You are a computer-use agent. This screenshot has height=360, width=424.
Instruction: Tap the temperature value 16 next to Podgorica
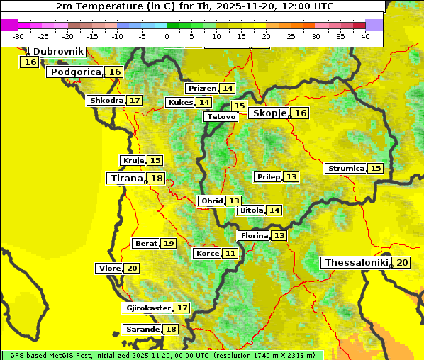point(115,72)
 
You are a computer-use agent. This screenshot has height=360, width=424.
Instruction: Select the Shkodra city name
point(106,101)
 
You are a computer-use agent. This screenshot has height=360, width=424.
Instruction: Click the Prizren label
point(201,89)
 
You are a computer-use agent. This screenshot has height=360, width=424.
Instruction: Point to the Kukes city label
point(180,103)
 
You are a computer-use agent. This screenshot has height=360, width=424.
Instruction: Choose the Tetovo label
point(220,116)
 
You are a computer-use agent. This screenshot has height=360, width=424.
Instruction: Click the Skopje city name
point(269,113)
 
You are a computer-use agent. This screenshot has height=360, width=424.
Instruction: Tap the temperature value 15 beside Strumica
point(376,169)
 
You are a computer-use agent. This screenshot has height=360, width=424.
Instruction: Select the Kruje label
point(133,161)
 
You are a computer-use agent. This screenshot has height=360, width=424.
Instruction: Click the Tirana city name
point(126,179)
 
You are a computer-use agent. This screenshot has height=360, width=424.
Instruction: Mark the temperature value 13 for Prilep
point(291,176)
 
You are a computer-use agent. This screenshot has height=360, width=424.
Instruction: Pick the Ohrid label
point(211,201)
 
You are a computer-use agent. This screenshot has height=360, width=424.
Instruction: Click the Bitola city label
point(251,210)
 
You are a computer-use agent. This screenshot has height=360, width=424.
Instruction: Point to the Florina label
point(254,235)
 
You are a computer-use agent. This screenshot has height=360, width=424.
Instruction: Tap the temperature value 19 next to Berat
point(168,244)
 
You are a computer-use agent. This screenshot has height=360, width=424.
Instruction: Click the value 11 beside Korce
point(230,254)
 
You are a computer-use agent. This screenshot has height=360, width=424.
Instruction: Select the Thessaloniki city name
point(356,263)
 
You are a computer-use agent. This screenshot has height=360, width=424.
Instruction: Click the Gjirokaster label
point(147,308)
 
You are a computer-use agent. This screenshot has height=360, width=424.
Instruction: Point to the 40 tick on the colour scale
point(365,36)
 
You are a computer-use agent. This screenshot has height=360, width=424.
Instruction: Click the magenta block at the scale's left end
point(10,25)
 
